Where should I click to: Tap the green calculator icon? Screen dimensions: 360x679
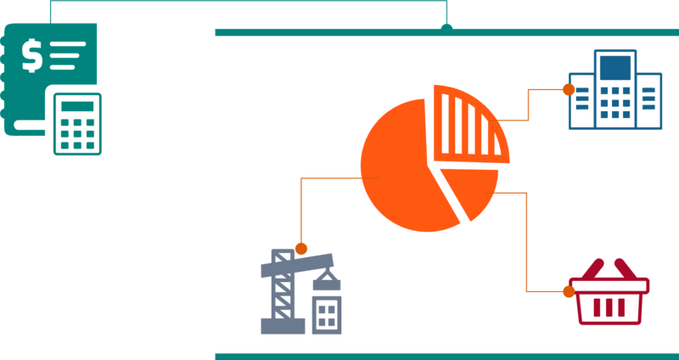click(x=77, y=124)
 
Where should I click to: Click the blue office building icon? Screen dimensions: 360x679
click(x=614, y=92)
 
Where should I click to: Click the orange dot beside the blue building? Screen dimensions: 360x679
click(x=568, y=89)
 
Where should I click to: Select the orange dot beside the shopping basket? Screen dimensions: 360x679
click(x=568, y=291)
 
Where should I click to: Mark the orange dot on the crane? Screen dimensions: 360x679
click(x=300, y=249)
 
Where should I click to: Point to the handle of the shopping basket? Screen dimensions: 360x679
click(x=609, y=267)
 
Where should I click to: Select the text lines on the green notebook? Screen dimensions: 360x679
click(x=68, y=54)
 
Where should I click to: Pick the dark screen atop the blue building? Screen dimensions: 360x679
click(x=615, y=67)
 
